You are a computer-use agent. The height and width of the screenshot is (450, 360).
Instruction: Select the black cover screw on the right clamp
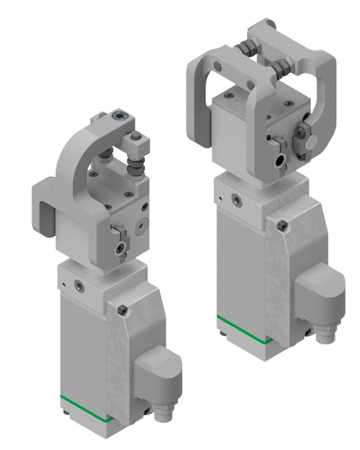pos(281,226)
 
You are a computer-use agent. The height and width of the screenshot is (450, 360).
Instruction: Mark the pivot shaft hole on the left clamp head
pos(123,248)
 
